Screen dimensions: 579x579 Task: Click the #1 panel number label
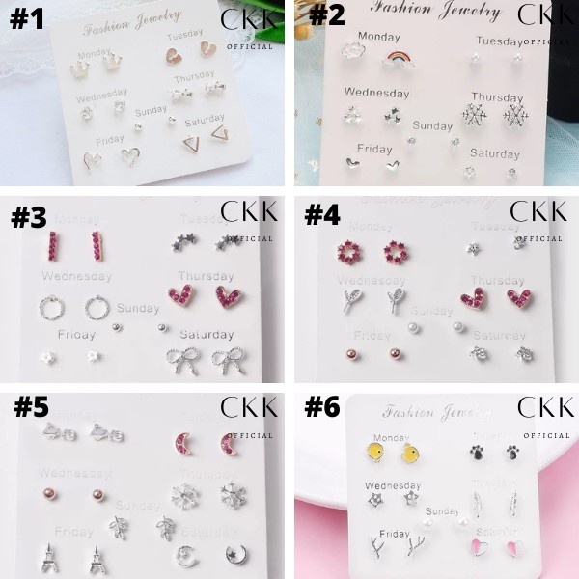click(x=26, y=20)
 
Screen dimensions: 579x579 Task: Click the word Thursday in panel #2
click(x=496, y=97)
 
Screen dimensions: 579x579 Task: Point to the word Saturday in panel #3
click(x=205, y=335)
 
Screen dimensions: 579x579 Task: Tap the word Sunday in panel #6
click(x=443, y=511)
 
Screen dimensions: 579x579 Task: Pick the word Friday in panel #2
click(x=374, y=149)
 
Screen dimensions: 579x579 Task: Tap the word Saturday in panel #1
click(x=205, y=121)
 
